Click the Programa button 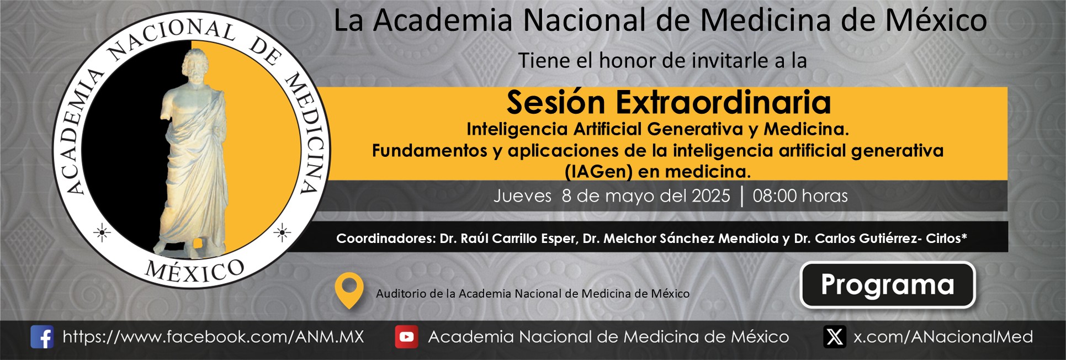888,284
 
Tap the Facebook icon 42,337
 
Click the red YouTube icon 406,337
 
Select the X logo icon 835,337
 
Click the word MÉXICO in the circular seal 194,271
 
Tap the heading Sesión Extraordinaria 669,102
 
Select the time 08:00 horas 800,196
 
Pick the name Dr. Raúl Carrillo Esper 508,239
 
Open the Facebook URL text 214,337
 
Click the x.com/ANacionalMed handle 943,337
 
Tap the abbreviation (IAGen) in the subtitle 598,172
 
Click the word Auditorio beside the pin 401,294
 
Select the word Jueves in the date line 522,196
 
